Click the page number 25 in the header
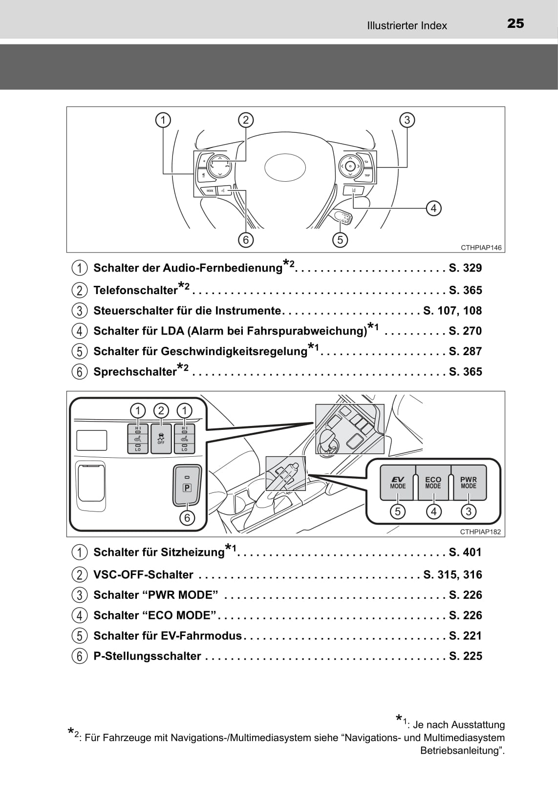tap(515, 23)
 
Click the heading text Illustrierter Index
tap(407, 26)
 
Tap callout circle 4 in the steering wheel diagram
tap(433, 209)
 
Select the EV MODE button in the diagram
tap(398, 482)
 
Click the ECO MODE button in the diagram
tap(433, 482)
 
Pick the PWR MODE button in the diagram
tap(468, 482)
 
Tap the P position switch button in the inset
tap(187, 485)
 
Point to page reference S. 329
tap(465, 268)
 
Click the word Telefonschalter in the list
tap(135, 291)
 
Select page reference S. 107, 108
tap(452, 311)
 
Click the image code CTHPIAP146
tap(481, 248)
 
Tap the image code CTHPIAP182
tap(480, 532)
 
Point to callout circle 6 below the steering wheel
tap(246, 240)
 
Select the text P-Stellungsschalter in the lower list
tap(147, 656)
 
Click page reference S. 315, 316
tap(452, 574)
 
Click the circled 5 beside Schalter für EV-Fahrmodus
tap(79, 636)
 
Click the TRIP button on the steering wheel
tap(367, 175)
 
